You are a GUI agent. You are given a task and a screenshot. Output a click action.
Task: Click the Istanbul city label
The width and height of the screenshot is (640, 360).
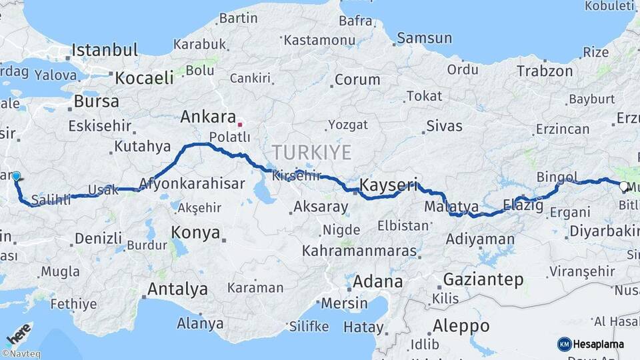[105, 50]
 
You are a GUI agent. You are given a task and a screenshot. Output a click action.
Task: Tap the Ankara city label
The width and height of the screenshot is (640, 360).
[208, 117]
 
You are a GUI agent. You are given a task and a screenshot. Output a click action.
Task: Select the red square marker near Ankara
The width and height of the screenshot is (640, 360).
[240, 124]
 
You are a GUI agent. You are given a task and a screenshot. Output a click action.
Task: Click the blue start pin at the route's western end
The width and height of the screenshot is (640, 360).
[16, 177]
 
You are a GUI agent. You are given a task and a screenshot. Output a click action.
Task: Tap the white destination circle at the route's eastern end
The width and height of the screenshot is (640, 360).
[623, 186]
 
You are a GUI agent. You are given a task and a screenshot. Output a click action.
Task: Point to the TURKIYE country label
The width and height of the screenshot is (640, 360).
[311, 153]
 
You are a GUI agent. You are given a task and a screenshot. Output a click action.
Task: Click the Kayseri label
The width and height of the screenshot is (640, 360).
[388, 184]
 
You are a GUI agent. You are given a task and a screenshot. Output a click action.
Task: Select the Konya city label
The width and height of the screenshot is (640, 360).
[195, 233]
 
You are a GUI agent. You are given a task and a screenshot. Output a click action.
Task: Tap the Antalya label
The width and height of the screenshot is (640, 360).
[177, 289]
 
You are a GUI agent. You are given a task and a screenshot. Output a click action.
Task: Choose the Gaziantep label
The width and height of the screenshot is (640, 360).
[483, 279]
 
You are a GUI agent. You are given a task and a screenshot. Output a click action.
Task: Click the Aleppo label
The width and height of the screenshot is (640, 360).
[461, 327]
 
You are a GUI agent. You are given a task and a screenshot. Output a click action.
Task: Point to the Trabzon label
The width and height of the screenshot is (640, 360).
[545, 71]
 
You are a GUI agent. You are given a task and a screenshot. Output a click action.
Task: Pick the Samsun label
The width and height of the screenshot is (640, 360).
[424, 39]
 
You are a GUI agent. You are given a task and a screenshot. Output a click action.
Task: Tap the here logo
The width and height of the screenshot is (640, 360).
[19, 333]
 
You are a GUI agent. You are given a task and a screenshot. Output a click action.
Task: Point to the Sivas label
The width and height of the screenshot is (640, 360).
[444, 125]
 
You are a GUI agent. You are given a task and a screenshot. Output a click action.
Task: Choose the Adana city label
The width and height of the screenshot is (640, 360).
[377, 281]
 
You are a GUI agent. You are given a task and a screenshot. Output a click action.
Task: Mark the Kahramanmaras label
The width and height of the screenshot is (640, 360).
[359, 252]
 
